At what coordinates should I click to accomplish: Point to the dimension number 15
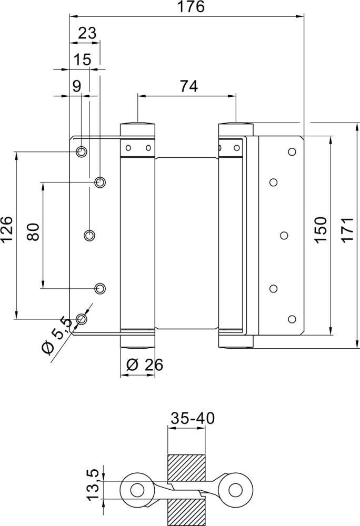(x=82, y=59)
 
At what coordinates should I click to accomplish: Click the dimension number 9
(x=77, y=86)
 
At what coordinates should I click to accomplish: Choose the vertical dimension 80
(x=33, y=232)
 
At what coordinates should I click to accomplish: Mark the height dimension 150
(x=321, y=229)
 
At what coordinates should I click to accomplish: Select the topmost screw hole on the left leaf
(x=81, y=152)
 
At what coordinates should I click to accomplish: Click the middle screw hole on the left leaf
(x=90, y=235)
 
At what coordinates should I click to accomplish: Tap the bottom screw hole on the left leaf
(x=81, y=318)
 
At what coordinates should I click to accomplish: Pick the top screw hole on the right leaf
(x=292, y=152)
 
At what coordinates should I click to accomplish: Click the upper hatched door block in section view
(x=186, y=466)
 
